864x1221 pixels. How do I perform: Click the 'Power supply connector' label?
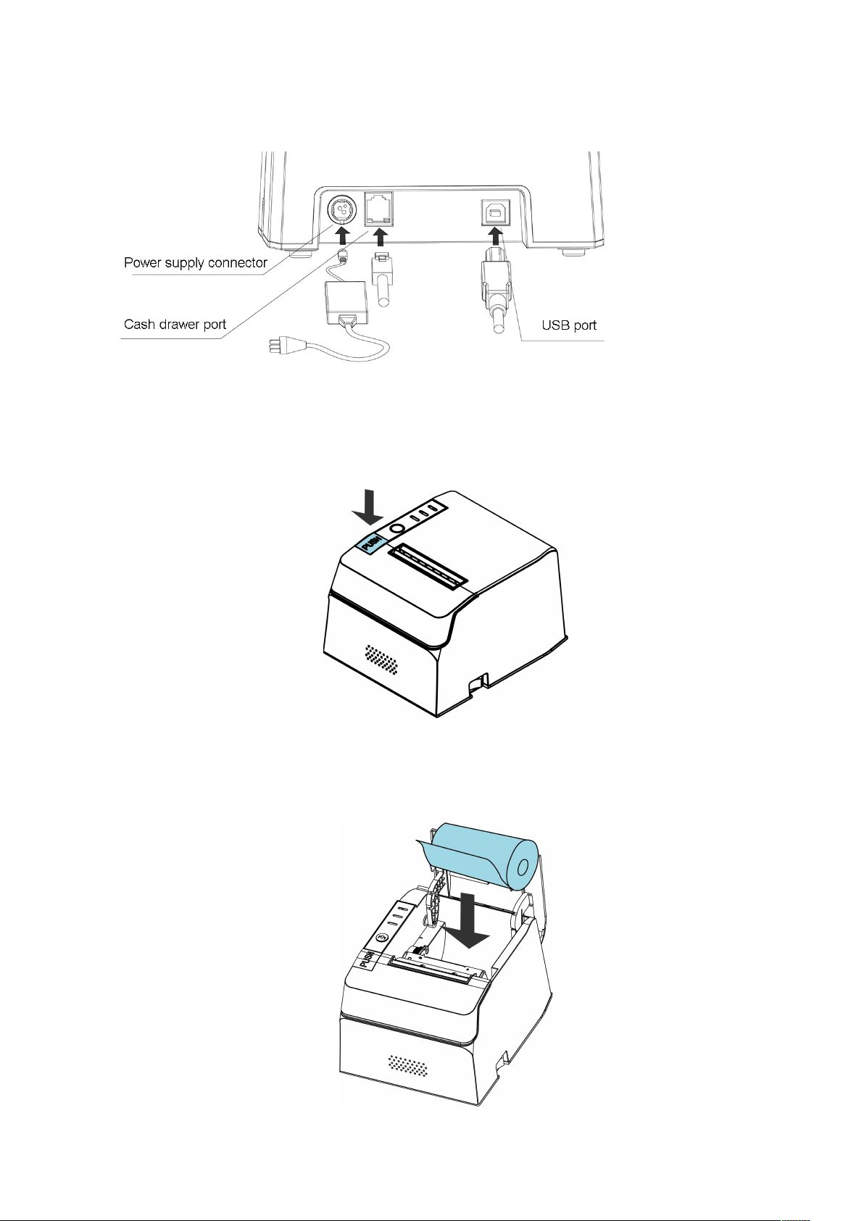[x=196, y=263]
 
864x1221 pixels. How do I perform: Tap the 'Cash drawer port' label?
[x=175, y=325]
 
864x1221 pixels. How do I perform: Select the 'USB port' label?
[x=569, y=325]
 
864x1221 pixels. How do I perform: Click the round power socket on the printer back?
[x=339, y=210]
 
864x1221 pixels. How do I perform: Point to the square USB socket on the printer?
[x=495, y=212]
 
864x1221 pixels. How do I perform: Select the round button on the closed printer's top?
[x=397, y=529]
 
